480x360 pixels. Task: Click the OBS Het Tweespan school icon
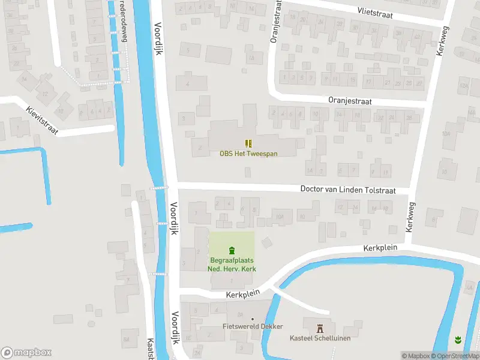click(248, 143)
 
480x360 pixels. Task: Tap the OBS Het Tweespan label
click(248, 154)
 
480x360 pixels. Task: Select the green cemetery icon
click(232, 251)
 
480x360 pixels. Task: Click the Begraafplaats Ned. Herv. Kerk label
click(232, 265)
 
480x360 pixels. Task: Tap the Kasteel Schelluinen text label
click(320, 338)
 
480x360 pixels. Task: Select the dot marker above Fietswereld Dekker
click(253, 319)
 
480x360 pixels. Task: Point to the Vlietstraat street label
click(375, 14)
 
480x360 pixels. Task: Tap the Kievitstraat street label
click(42, 120)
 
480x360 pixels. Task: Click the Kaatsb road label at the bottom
click(151, 349)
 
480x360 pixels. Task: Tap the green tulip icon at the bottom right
click(459, 340)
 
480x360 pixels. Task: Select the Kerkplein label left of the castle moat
click(242, 294)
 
